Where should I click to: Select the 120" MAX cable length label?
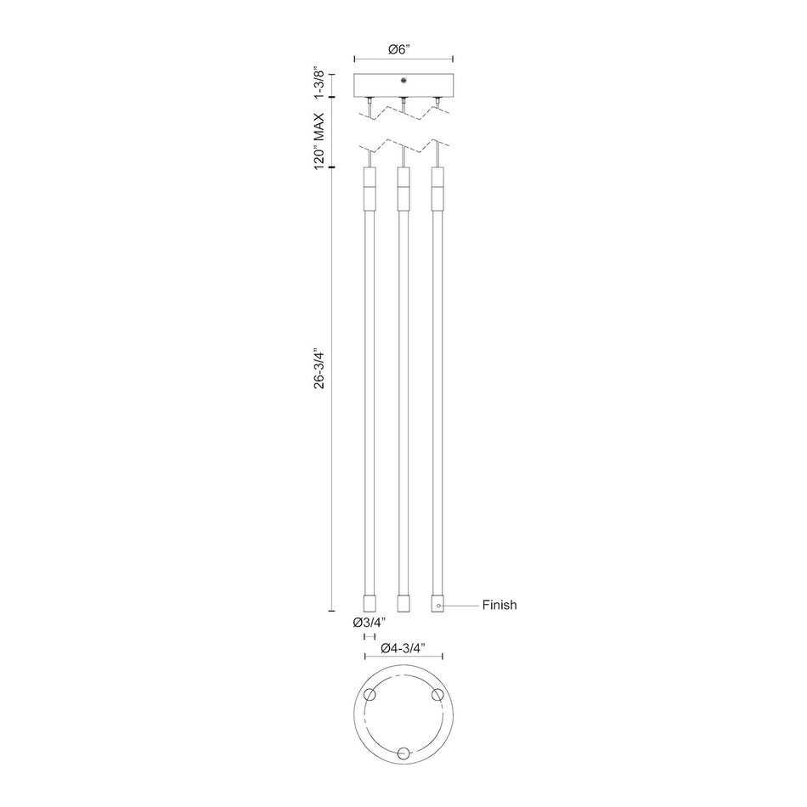(x=319, y=140)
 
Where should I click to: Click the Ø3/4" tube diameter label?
(x=369, y=623)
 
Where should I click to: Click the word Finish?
(x=499, y=605)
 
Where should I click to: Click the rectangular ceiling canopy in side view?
(x=403, y=86)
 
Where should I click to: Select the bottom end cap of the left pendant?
(x=370, y=604)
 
